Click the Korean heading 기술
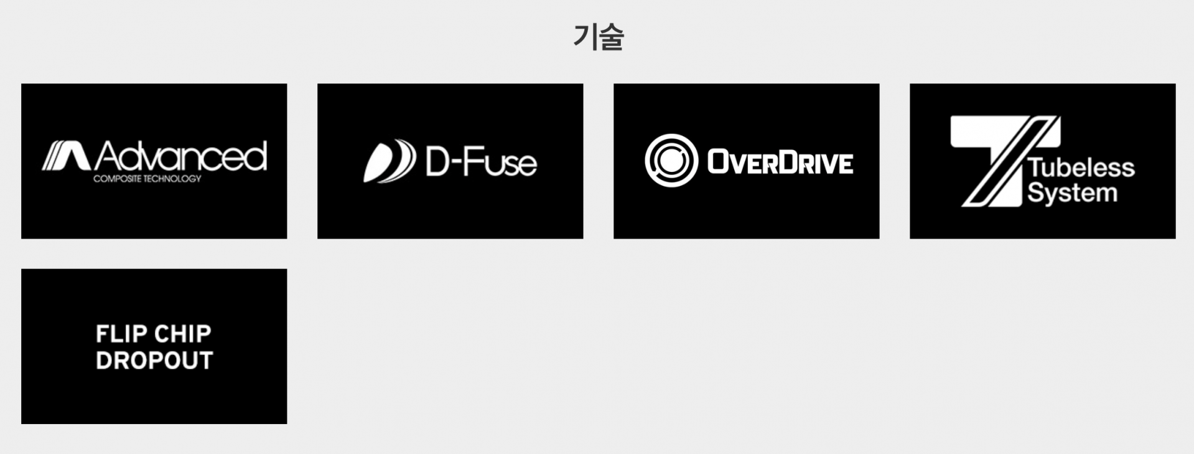[598, 37]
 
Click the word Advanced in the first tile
[181, 156]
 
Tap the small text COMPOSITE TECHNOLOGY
[147, 179]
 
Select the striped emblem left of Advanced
[66, 156]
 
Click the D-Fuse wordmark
[481, 162]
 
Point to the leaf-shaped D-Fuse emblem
[389, 161]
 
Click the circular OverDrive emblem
[671, 161]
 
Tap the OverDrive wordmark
[780, 163]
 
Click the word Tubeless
[1081, 168]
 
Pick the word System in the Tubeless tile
[1073, 193]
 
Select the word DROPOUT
[154, 361]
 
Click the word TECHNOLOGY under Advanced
[174, 179]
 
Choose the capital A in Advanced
[108, 156]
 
